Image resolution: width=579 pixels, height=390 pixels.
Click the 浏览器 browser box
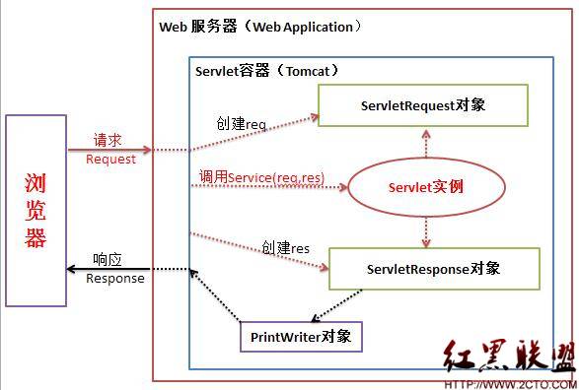[36, 210]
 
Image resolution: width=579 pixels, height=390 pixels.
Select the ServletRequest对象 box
[430, 104]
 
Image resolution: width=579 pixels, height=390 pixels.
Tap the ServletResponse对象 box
[434, 269]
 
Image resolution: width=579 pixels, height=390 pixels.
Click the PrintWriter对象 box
[301, 337]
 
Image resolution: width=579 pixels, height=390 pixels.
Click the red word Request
[110, 160]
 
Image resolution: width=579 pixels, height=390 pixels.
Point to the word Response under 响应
[115, 278]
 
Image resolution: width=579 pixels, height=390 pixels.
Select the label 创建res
[286, 247]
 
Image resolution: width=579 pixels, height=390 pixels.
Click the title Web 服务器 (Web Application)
[260, 27]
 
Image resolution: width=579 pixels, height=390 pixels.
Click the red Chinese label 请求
[109, 141]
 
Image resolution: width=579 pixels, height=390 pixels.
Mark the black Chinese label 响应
[106, 260]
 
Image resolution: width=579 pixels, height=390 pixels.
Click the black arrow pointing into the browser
[109, 269]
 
